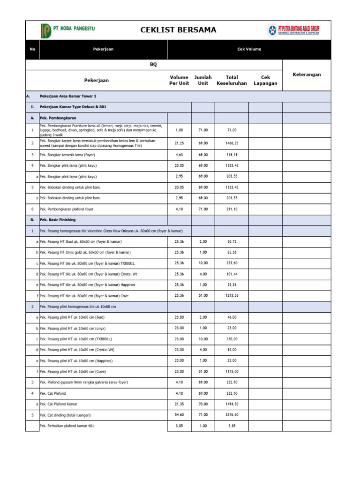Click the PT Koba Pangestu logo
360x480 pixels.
click(68, 30)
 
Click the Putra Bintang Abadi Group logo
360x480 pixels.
click(293, 30)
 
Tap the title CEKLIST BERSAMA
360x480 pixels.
click(178, 30)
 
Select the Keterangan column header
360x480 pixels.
click(307, 75)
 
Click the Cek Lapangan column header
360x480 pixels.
click(265, 80)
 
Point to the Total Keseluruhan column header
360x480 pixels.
click(232, 80)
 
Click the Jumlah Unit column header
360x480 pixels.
click(203, 80)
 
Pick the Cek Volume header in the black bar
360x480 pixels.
click(249, 49)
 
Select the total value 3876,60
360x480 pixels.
click(232, 415)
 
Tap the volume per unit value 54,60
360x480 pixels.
click(179, 415)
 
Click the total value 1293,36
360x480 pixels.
click(232, 296)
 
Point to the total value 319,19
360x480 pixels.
click(232, 154)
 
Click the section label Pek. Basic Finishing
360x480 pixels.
click(58, 219)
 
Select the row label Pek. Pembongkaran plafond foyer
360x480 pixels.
click(69, 209)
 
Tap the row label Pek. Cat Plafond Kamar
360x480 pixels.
click(59, 404)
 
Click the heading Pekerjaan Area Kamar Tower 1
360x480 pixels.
click(68, 96)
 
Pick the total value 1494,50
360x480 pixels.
click(232, 404)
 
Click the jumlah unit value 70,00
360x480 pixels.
click(203, 404)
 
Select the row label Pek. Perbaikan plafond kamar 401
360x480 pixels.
click(70, 426)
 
